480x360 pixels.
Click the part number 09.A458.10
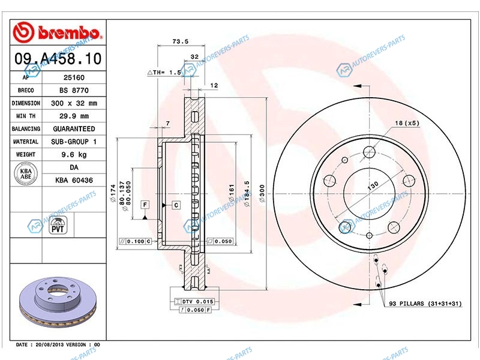coord(58,59)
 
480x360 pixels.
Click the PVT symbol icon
coord(58,226)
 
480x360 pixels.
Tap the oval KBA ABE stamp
coord(26,173)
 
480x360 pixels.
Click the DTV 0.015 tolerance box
coord(197,301)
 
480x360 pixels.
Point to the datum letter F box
coord(145,205)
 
